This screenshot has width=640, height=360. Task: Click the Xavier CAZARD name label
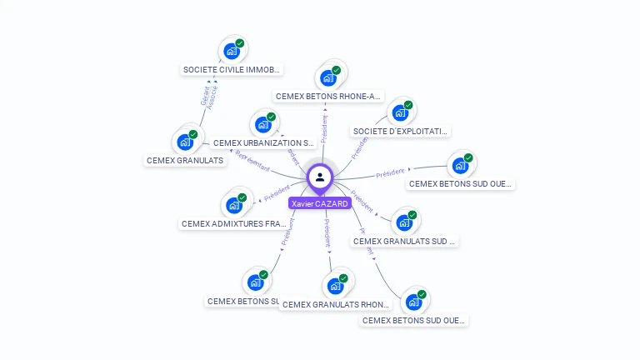coord(319,203)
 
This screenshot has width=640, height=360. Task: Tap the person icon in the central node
coord(320,177)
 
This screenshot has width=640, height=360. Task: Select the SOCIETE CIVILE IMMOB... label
coord(232,70)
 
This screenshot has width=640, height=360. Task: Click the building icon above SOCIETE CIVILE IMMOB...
coord(232,51)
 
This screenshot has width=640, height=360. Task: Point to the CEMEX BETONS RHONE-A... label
coord(328,96)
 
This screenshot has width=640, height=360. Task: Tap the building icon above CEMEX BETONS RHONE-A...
coord(328,78)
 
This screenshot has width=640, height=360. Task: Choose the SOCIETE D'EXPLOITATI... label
coord(401,131)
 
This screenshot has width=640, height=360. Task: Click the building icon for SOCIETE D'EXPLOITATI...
coord(400,113)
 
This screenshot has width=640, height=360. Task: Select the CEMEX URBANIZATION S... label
coord(263,143)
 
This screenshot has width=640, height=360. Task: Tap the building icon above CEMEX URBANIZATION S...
coord(262,125)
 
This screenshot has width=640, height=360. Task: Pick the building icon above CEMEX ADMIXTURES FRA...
coord(233,205)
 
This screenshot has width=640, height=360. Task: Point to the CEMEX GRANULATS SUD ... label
coord(405,241)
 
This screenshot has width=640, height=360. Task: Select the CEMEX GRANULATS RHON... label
coord(336,304)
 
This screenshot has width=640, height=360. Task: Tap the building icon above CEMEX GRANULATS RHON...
coord(335,286)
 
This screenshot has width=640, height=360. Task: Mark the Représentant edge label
coord(252,161)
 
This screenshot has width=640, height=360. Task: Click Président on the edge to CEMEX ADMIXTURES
coord(277,194)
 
